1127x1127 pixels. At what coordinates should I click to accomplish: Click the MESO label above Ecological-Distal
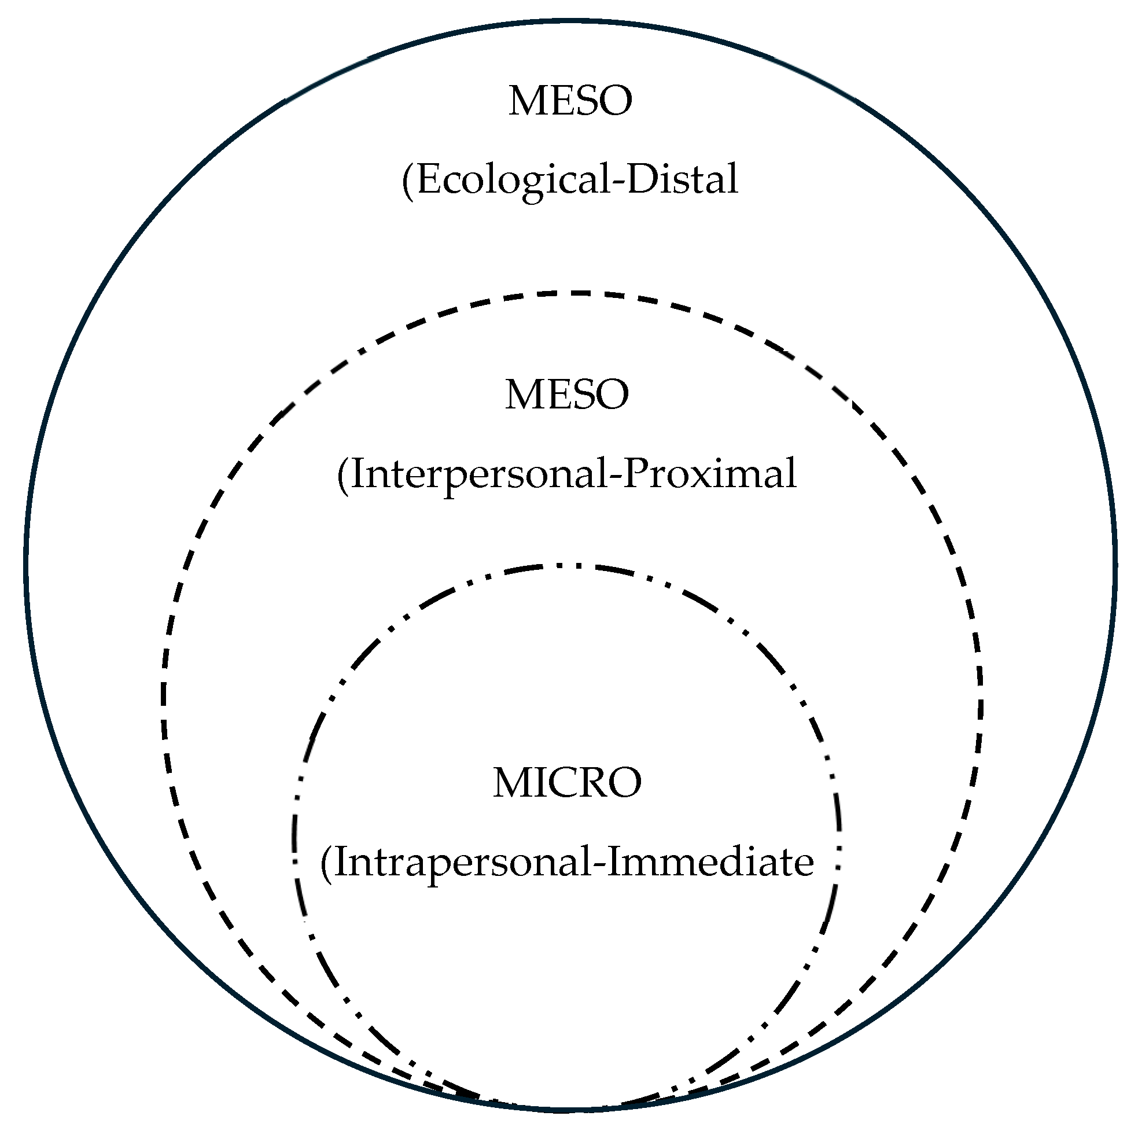tap(570, 101)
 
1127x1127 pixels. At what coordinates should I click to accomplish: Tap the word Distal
tap(682, 179)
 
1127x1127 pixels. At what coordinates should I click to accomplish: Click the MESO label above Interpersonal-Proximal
tap(567, 395)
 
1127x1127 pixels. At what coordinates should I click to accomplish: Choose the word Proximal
tap(709, 474)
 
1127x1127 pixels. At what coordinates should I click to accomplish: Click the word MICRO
tap(567, 783)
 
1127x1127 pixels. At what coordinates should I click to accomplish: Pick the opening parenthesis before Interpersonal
tap(343, 476)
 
